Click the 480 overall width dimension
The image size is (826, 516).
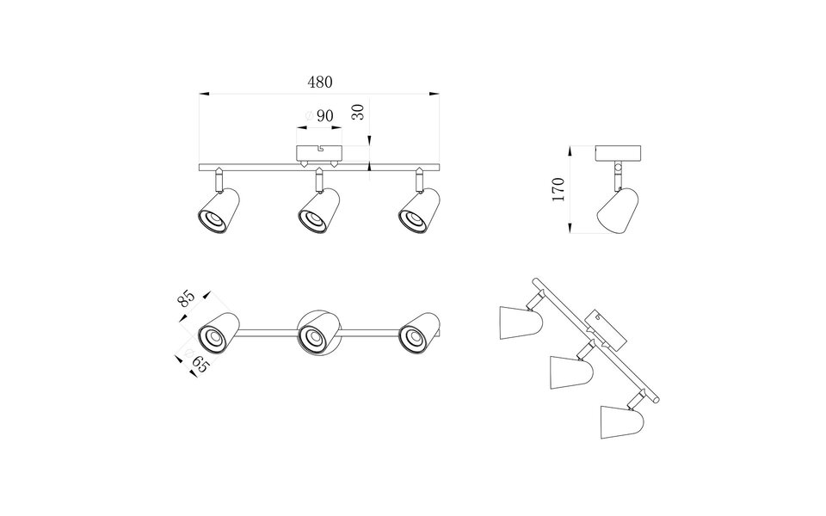(x=319, y=83)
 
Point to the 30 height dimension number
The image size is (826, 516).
(x=359, y=113)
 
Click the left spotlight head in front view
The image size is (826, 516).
(x=218, y=212)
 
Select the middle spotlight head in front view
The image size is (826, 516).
(x=318, y=212)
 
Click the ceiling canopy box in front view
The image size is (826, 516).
(x=319, y=155)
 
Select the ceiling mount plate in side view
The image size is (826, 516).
(x=619, y=153)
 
